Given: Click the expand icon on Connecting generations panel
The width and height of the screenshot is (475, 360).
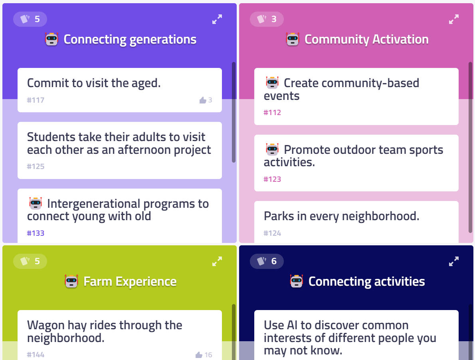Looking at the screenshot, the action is click(x=217, y=19).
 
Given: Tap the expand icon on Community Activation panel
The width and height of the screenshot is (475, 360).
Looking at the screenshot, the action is click(x=454, y=19).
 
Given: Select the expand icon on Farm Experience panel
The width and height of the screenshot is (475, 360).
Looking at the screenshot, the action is click(x=217, y=261).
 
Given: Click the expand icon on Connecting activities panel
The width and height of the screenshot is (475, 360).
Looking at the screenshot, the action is click(x=454, y=261).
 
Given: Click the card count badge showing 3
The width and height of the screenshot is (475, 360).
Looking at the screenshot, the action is click(x=267, y=19).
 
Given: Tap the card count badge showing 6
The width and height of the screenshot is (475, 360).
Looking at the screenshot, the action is click(x=267, y=261).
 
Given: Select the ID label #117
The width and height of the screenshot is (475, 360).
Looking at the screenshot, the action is click(x=36, y=100).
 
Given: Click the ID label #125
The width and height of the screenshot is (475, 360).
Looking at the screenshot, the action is click(x=36, y=167).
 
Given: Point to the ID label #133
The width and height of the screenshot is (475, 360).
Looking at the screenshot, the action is click(x=36, y=233).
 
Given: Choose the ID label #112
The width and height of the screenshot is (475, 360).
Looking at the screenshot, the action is click(x=272, y=113).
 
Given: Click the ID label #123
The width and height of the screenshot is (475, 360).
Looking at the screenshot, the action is click(x=272, y=179).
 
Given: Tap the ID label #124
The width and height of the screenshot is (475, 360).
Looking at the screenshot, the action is click(x=272, y=233).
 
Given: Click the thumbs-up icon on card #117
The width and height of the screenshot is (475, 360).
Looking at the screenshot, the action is click(x=203, y=100).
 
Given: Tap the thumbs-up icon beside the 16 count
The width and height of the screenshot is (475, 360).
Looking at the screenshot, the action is click(x=199, y=354).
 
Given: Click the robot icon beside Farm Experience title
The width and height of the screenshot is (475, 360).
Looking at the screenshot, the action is click(x=71, y=281).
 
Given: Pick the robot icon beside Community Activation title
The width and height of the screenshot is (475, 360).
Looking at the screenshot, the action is click(x=293, y=39).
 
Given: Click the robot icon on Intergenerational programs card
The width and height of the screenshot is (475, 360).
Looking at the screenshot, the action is click(x=36, y=203).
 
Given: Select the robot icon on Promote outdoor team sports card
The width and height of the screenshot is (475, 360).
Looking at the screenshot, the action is click(x=272, y=149).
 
